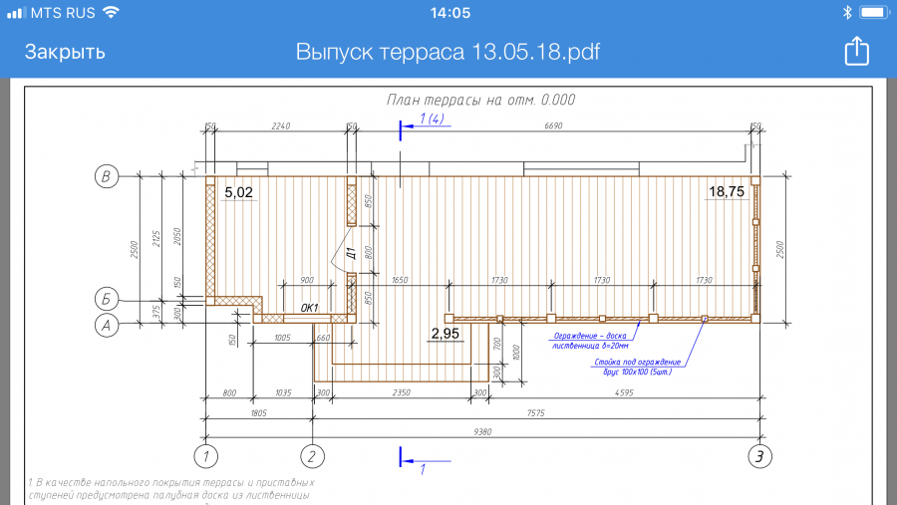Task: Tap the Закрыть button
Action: (65, 52)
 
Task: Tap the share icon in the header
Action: (856, 52)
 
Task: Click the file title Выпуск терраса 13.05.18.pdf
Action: (448, 52)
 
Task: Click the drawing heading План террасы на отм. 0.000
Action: (480, 100)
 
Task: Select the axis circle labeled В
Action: (106, 177)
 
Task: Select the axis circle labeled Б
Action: (106, 298)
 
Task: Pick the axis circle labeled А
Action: (106, 324)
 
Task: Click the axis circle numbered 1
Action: (205, 456)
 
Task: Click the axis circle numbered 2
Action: (313, 456)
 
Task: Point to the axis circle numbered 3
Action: (759, 456)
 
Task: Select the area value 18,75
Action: (726, 192)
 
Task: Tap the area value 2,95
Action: (445, 333)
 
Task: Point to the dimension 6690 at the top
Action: (553, 126)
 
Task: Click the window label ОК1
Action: (309, 308)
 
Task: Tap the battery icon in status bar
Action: (872, 13)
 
